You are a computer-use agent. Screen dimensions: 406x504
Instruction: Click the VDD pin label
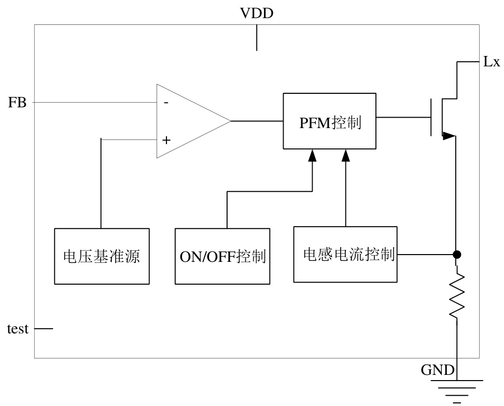tap(257, 13)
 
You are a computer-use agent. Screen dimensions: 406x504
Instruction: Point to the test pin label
tap(17, 329)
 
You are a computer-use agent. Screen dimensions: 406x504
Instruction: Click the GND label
tap(438, 370)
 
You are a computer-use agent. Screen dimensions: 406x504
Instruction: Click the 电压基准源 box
tap(101, 256)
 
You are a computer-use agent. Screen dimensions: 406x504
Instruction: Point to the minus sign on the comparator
tap(166, 103)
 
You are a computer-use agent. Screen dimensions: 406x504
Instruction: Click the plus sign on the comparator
tap(166, 140)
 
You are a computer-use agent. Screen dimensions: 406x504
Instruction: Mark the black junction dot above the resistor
tap(457, 255)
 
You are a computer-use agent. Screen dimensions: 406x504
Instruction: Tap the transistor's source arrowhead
tap(449, 136)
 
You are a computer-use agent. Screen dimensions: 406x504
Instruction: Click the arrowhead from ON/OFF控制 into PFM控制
tap(312, 155)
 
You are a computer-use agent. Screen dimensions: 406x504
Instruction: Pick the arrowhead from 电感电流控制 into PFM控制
tap(345, 155)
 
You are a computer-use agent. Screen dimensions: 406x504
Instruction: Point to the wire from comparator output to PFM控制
tap(257, 121)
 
